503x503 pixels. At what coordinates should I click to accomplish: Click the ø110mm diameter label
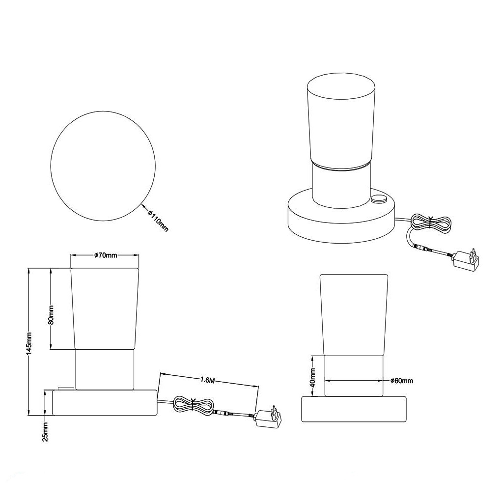coord(158,221)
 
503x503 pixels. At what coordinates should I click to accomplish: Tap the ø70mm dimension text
coord(106,255)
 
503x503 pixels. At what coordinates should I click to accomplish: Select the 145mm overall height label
coord(29,342)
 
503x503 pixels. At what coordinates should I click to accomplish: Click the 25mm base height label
coord(45,432)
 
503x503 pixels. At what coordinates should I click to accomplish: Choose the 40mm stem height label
coord(313,377)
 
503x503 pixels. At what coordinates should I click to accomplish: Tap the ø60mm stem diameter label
coord(402,381)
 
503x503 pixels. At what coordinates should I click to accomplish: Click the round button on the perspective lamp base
coord(379,199)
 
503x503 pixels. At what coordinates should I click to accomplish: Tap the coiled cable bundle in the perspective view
coord(431,222)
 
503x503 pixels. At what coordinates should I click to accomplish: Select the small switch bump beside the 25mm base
coord(66,388)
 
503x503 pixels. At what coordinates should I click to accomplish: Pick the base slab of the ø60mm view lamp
coord(354,409)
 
